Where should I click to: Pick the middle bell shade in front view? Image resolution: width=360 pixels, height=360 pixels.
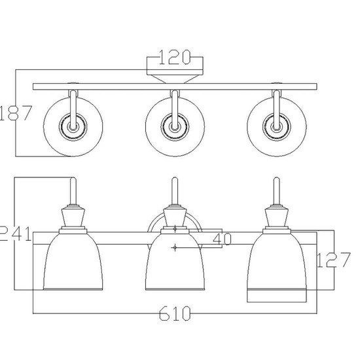coord(173,265)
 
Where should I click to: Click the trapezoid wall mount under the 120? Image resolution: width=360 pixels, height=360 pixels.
coord(175,77)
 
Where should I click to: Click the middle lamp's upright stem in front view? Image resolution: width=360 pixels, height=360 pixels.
coord(173,192)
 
